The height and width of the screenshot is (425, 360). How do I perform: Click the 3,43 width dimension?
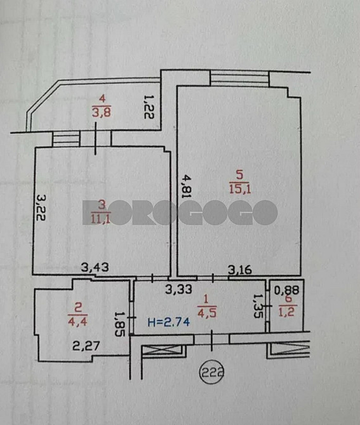pos(95,267)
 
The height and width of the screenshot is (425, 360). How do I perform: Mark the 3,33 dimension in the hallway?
pos(179,290)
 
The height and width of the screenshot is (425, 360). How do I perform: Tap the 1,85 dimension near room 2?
pos(118,321)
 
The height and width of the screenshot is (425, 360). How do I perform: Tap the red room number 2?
pos(79,307)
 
